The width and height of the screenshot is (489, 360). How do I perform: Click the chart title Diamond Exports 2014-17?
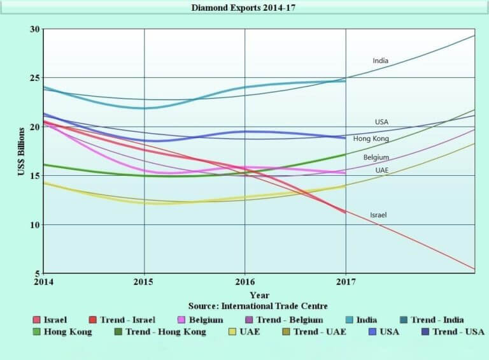tap(244, 8)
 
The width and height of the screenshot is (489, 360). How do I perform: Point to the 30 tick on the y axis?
tap(34, 29)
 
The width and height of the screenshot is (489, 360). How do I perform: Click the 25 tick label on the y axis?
tap(34, 78)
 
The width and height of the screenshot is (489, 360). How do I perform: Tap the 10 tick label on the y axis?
tap(34, 225)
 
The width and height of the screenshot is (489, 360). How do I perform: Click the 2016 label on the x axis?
tap(244, 281)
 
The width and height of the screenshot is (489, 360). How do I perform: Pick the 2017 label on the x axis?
tap(346, 281)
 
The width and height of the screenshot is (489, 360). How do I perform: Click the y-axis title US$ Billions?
tap(21, 151)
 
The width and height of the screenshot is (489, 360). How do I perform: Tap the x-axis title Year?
tap(259, 295)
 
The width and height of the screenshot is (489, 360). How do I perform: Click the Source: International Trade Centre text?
tap(258, 306)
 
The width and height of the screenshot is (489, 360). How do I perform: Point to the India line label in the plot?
tap(380, 61)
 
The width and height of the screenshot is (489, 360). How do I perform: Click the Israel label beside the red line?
tap(378, 215)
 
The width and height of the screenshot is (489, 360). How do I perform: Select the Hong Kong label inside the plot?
tap(371, 139)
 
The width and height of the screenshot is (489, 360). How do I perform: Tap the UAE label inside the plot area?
tap(382, 171)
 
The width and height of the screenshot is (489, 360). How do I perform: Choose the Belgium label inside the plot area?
tap(376, 157)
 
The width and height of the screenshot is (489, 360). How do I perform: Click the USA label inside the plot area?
tap(381, 122)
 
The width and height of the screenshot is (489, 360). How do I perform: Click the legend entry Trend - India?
tap(437, 320)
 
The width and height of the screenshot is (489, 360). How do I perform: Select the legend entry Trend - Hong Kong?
tap(166, 332)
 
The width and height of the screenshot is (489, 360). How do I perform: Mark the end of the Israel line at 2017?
tap(345, 212)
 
